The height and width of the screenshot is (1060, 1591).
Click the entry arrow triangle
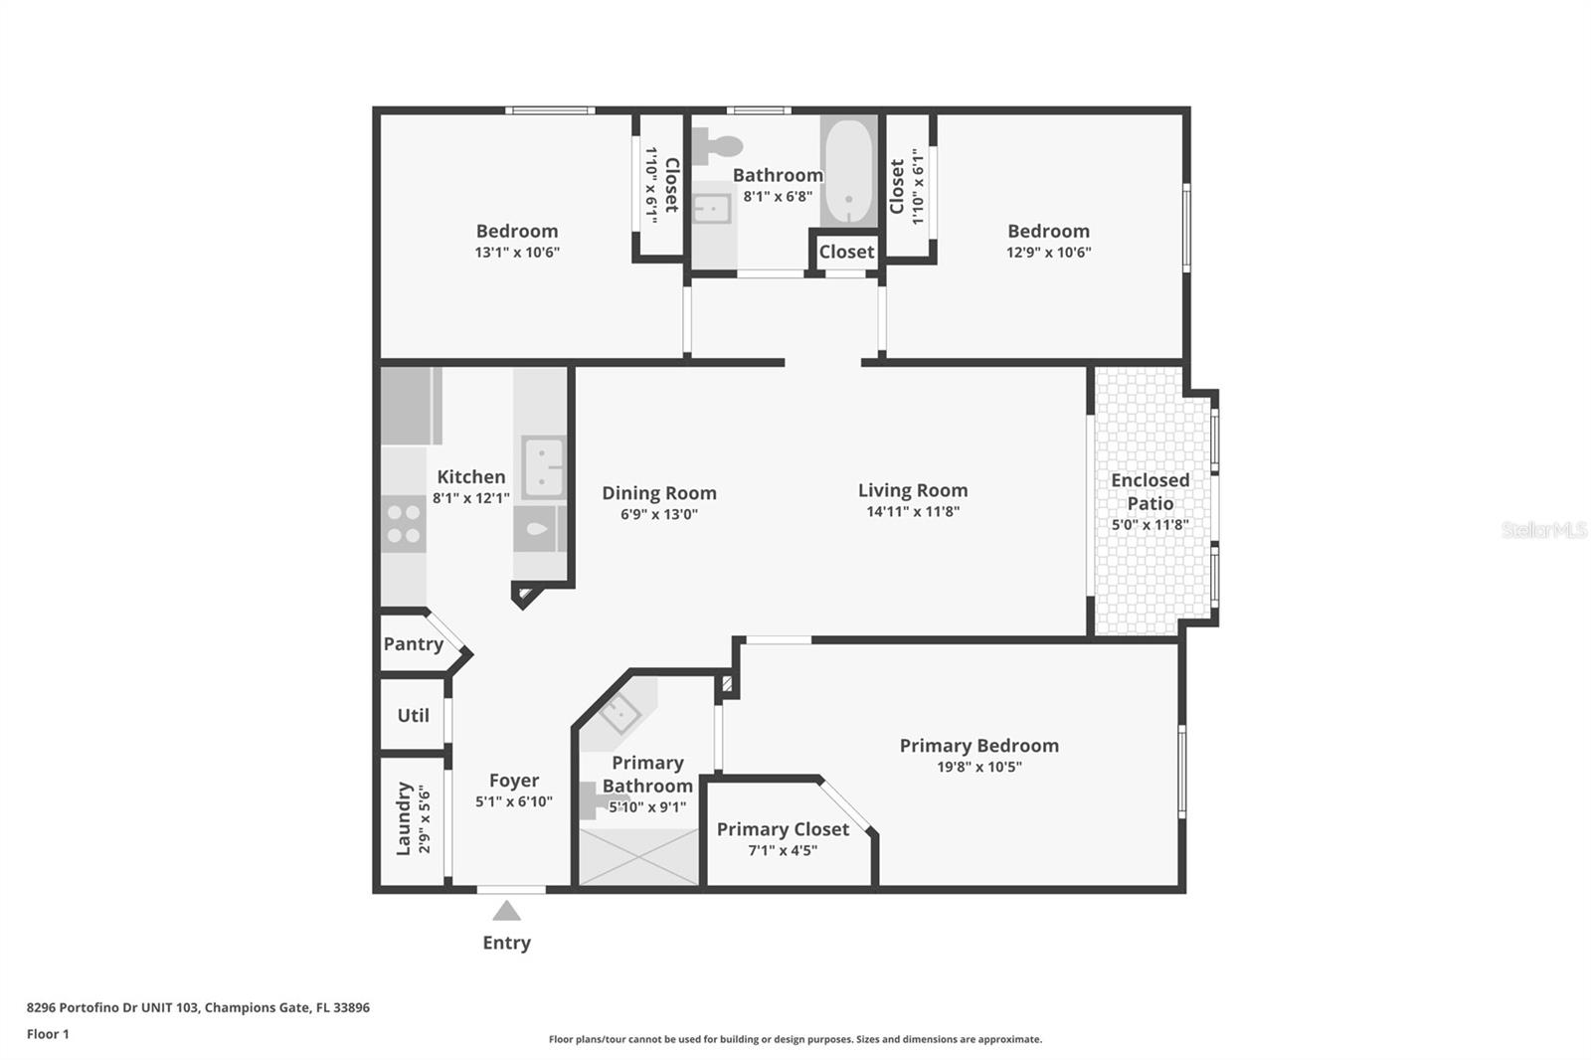[506, 911]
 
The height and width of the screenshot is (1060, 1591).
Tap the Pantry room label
[414, 643]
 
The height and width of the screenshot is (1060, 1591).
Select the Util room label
[414, 715]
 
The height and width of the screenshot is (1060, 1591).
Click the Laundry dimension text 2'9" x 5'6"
[424, 818]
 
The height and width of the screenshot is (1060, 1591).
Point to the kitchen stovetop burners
[404, 524]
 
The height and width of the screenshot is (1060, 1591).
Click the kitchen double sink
[543, 467]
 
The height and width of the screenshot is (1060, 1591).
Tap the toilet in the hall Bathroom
[717, 145]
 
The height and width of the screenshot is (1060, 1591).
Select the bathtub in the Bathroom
[849, 171]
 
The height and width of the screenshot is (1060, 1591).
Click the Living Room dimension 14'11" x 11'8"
[913, 511]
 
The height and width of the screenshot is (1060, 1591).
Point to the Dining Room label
[659, 493]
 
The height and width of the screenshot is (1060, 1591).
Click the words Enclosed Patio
[1149, 491]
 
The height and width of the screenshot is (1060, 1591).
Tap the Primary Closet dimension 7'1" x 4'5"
[783, 850]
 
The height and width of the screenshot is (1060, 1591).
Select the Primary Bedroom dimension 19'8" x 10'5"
[978, 767]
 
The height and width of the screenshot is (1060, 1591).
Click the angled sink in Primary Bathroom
[619, 713]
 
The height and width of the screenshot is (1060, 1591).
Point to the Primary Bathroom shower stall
[638, 857]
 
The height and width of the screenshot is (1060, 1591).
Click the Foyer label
[513, 780]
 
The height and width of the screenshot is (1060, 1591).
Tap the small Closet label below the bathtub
[846, 252]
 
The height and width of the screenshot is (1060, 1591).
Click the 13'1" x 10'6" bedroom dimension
[517, 253]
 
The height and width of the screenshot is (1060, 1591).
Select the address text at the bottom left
[198, 1007]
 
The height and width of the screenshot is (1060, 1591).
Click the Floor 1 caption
[48, 1034]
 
